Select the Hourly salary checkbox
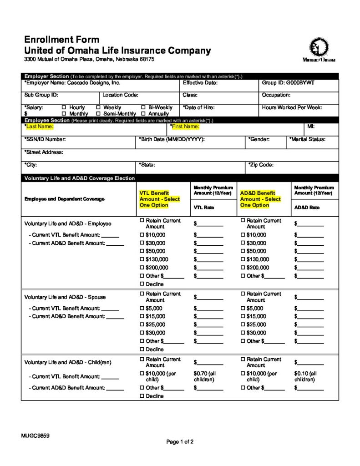pyautogui.click(x=64, y=108)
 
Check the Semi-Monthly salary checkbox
pyautogui.click(x=99, y=114)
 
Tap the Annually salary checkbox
pyautogui.click(x=143, y=114)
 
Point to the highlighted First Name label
pyautogui.click(x=185, y=127)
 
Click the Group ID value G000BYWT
pyautogui.click(x=301, y=83)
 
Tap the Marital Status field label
pyautogui.click(x=307, y=139)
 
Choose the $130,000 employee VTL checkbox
pyautogui.click(x=142, y=259)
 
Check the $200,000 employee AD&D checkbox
pyautogui.click(x=243, y=268)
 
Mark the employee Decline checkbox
pyautogui.click(x=142, y=284)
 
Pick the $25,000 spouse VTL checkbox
pyautogui.click(x=142, y=324)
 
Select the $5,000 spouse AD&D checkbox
pyautogui.click(x=243, y=308)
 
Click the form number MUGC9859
pyautogui.click(x=35, y=436)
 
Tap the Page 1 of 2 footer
pyautogui.click(x=180, y=442)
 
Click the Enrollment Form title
pyautogui.click(x=61, y=40)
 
